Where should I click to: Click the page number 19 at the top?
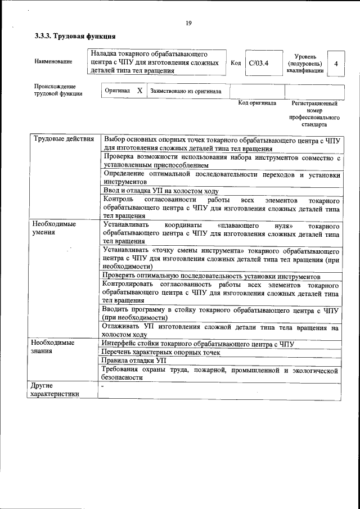pyautogui.click(x=188, y=23)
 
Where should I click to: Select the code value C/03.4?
pyautogui.click(x=259, y=63)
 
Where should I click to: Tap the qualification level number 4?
pyautogui.click(x=336, y=64)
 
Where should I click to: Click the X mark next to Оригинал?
pyautogui.click(x=140, y=91)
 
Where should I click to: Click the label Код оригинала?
pyautogui.click(x=257, y=103)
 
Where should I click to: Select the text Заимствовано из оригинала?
pyautogui.click(x=186, y=91)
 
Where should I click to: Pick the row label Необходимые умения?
pyautogui.click(x=53, y=228)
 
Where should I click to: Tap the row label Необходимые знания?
pyautogui.click(x=53, y=347)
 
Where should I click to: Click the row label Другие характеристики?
pyautogui.click(x=55, y=390)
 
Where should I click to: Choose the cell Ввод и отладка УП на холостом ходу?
pyautogui.click(x=160, y=191)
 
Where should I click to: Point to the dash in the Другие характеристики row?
pyautogui.click(x=103, y=387)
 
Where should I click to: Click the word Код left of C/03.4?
pyautogui.click(x=236, y=63)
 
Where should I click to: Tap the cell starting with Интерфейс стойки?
pyautogui.click(x=197, y=344)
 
